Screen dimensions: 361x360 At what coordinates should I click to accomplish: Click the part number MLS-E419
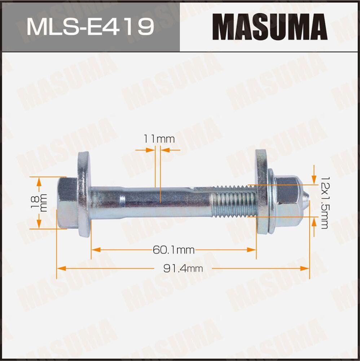(x=90, y=27)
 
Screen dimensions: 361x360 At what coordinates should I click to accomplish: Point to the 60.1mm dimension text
(x=174, y=249)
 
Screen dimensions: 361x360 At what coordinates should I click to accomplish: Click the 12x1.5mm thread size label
(x=323, y=203)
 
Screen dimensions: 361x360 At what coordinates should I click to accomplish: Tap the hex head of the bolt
(x=67, y=203)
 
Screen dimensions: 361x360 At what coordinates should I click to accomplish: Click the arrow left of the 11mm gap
(x=150, y=149)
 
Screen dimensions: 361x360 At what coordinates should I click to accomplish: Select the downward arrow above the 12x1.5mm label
(x=314, y=172)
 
